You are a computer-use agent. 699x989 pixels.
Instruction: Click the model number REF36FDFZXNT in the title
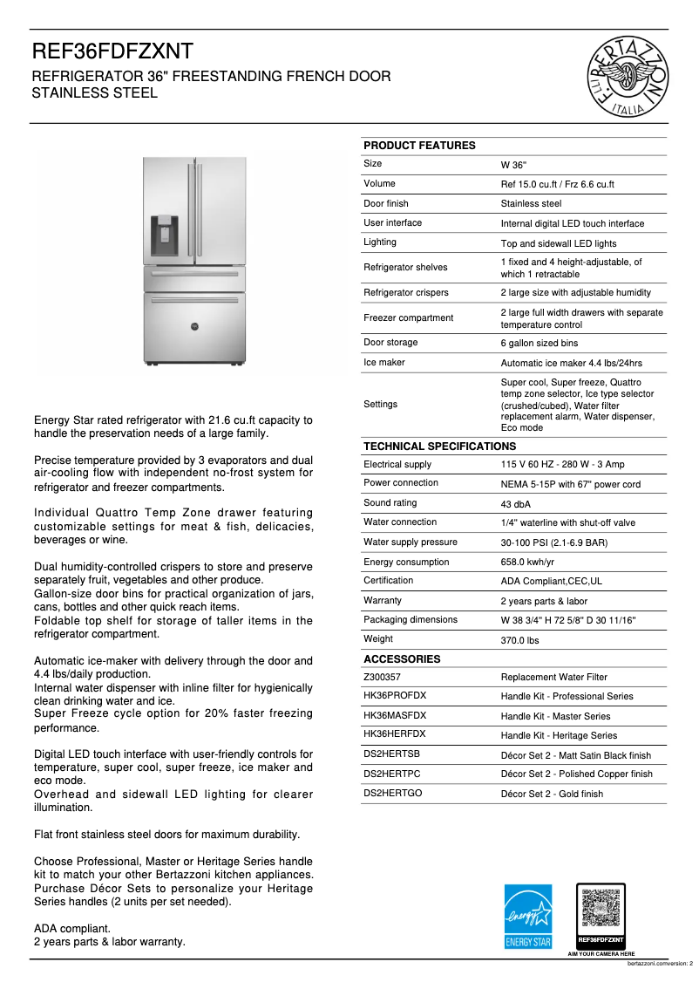click(x=113, y=51)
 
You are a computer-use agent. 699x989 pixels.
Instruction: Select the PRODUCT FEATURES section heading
click(x=419, y=146)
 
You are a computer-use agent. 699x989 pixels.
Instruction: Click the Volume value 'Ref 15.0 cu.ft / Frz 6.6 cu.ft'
click(x=557, y=184)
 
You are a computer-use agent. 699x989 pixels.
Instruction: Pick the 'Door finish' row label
click(x=385, y=203)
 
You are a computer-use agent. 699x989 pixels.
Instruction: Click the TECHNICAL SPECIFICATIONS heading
click(x=439, y=447)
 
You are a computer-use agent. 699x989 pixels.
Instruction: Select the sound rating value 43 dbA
click(x=515, y=504)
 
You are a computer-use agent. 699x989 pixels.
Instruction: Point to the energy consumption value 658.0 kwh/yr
click(x=526, y=563)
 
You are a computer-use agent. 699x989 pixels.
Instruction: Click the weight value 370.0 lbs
click(x=519, y=640)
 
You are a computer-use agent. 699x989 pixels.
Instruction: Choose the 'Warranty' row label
click(x=383, y=600)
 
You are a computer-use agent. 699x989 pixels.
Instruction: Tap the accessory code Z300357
click(x=382, y=677)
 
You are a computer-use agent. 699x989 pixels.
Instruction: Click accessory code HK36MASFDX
click(x=394, y=715)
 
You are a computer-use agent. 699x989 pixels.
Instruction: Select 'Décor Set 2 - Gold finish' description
click(x=551, y=794)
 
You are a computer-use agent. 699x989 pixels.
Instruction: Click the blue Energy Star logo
click(x=528, y=917)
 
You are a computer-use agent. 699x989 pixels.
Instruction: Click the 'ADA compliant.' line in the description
click(x=72, y=928)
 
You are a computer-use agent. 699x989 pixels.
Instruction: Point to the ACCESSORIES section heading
click(x=402, y=659)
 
